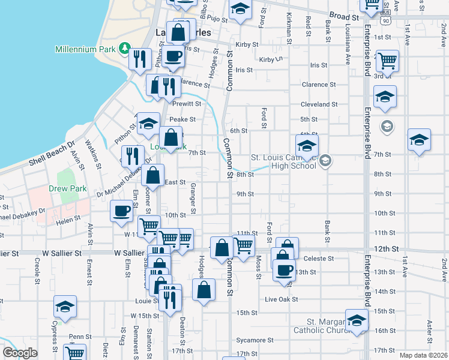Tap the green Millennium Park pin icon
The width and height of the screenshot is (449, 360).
[x=125, y=47]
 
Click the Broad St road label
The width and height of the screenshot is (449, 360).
[x=344, y=17]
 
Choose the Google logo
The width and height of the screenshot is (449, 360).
[x=20, y=353]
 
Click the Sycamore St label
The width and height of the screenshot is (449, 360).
[x=255, y=340]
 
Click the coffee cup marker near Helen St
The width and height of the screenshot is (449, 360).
[x=122, y=211]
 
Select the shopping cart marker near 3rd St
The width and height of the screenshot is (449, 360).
[x=388, y=60]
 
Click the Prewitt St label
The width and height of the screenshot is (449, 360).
[x=187, y=104]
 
